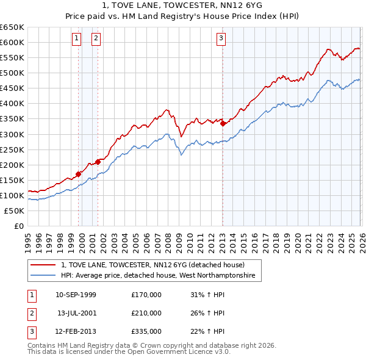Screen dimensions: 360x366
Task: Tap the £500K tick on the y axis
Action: [12, 73]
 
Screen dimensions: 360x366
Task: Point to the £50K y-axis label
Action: [14, 211]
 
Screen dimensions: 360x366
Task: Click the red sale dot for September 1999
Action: [78, 174]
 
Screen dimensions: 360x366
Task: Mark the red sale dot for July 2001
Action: [98, 162]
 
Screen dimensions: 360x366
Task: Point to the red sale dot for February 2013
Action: [223, 123]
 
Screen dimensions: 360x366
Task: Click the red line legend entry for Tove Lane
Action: [152, 265]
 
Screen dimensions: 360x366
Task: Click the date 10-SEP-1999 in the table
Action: [76, 295]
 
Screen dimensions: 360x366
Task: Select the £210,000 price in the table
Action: [146, 313]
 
